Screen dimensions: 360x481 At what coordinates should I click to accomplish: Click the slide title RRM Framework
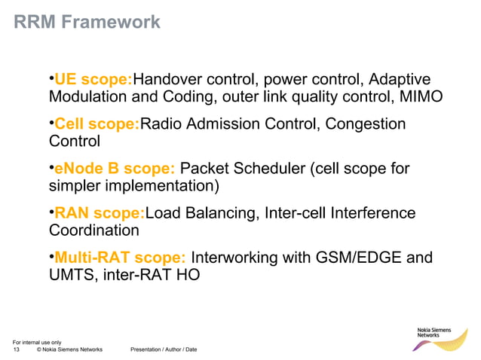(87, 22)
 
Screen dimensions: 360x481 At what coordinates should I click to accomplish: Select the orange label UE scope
(94, 80)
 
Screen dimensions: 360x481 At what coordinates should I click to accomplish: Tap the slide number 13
(17, 349)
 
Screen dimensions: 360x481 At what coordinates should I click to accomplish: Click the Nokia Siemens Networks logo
(440, 340)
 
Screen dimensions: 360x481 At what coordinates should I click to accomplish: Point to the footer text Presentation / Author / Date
(164, 349)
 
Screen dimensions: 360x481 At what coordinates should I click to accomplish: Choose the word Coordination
(93, 230)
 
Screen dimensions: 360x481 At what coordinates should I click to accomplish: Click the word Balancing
(217, 214)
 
